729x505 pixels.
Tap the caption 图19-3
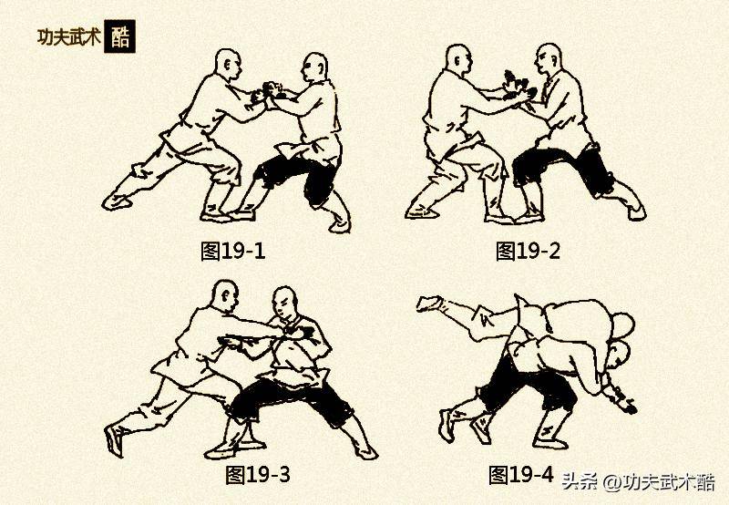[258, 474]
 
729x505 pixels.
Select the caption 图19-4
[520, 474]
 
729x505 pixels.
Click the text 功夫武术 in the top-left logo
[68, 37]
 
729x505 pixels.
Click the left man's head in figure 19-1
[228, 66]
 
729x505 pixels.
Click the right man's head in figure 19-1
[314, 68]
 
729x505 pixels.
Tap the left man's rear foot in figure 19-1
[116, 201]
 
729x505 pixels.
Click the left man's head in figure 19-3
[223, 296]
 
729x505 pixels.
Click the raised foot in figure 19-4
[428, 303]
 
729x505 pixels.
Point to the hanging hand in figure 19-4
[624, 399]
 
